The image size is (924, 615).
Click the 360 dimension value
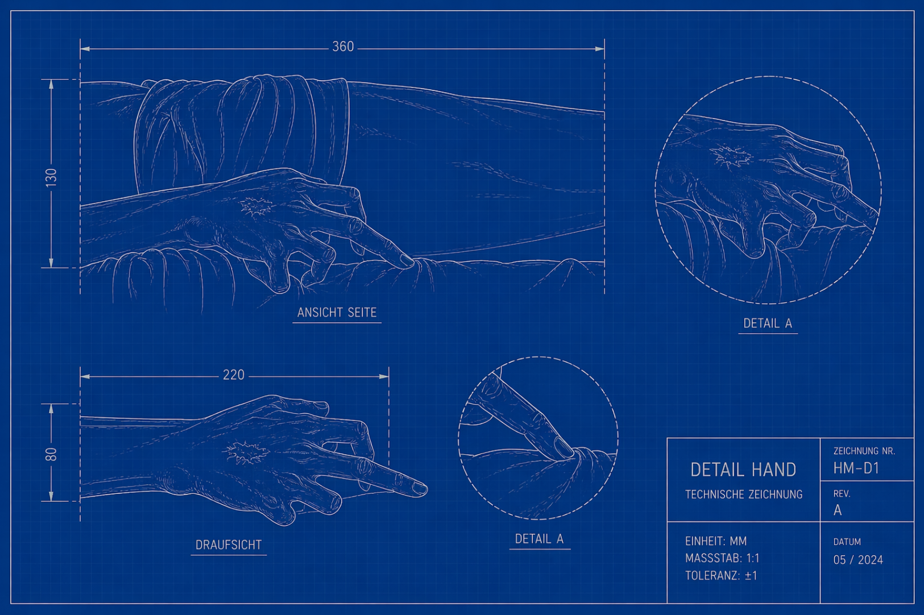pyautogui.click(x=343, y=47)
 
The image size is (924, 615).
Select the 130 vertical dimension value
pyautogui.click(x=51, y=177)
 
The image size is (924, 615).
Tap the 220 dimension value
pyautogui.click(x=234, y=375)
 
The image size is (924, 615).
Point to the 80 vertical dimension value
pyautogui.click(x=51, y=454)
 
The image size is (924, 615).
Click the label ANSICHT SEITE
pyautogui.click(x=337, y=313)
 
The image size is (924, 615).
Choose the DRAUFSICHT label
pyautogui.click(x=229, y=545)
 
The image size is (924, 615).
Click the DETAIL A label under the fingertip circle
pyautogui.click(x=539, y=539)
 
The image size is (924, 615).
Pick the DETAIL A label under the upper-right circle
pyautogui.click(x=768, y=323)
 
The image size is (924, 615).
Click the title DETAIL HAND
pyautogui.click(x=743, y=470)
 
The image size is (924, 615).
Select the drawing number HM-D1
pyautogui.click(x=856, y=468)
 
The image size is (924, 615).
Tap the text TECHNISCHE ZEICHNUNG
pyautogui.click(x=744, y=494)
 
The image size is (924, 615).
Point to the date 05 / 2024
pyautogui.click(x=858, y=560)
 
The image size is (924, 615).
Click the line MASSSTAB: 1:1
pyautogui.click(x=722, y=558)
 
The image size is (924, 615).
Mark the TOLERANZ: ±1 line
pyautogui.click(x=721, y=575)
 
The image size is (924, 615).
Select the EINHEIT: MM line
pyautogui.click(x=716, y=541)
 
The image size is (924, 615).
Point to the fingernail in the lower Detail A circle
pyautogui.click(x=563, y=447)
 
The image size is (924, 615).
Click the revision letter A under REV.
pyautogui.click(x=838, y=510)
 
